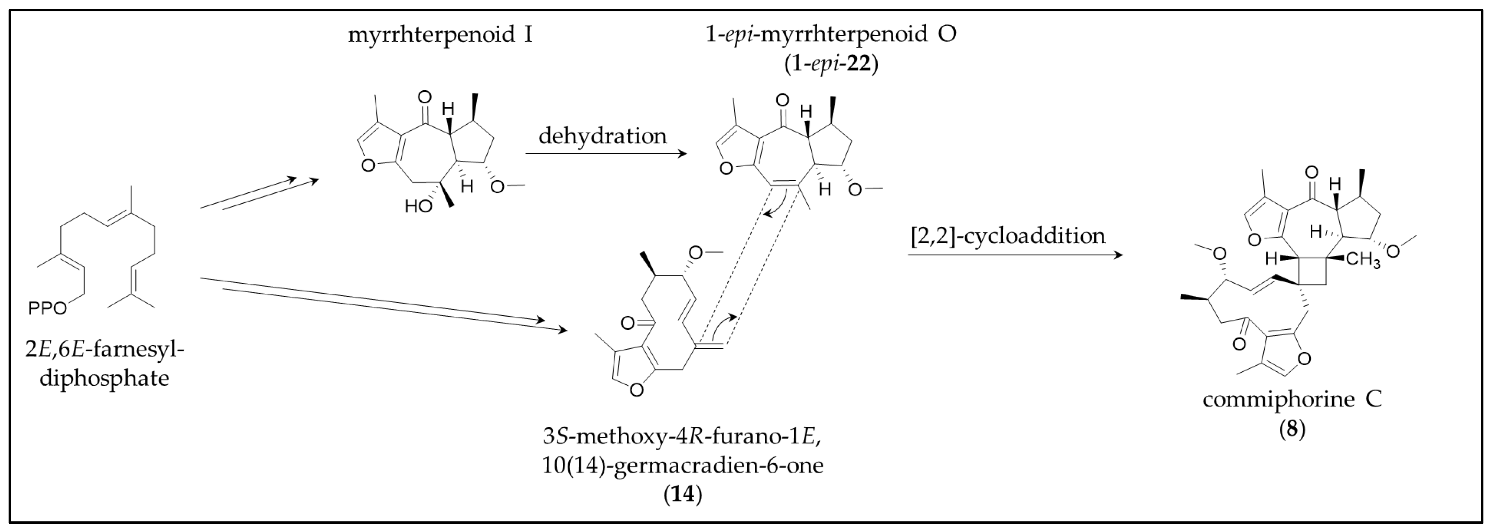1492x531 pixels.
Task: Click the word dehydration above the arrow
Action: (x=602, y=136)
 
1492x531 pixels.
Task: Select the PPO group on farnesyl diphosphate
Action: (x=47, y=308)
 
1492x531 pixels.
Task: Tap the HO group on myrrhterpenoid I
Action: (x=418, y=206)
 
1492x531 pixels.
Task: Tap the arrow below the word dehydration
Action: (x=605, y=154)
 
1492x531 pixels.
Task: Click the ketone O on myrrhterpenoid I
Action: (x=424, y=97)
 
